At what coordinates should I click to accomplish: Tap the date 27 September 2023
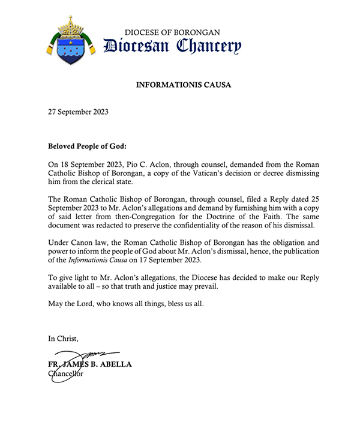click(78, 112)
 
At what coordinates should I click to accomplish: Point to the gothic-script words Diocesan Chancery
click(172, 46)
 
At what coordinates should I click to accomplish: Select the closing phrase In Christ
click(63, 339)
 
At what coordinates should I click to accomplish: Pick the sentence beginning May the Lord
click(127, 303)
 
